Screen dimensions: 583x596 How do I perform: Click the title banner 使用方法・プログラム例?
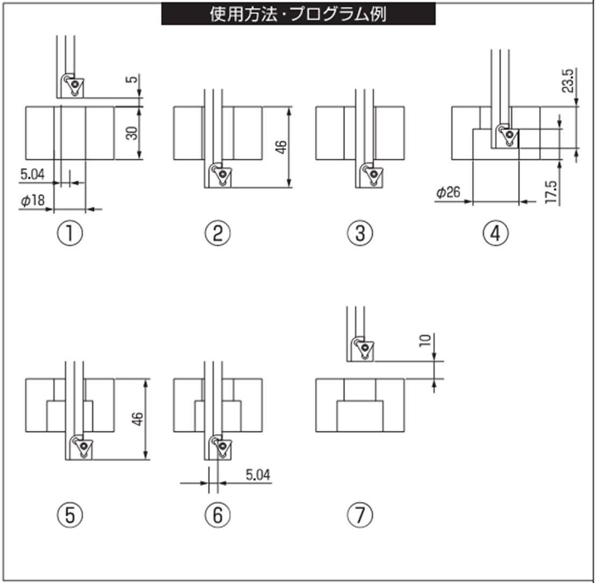click(298, 14)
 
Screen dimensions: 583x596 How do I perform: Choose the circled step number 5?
click(71, 515)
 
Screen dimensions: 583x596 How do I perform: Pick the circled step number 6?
click(218, 515)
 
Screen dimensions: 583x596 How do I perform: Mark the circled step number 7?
click(360, 515)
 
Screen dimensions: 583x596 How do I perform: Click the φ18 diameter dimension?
click(33, 201)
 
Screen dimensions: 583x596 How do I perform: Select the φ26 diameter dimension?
click(448, 193)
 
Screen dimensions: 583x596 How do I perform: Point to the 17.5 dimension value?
click(551, 192)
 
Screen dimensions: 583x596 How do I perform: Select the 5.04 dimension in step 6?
click(257, 475)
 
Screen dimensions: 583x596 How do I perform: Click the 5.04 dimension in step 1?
click(33, 174)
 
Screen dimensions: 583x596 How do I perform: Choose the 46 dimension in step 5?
click(138, 419)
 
